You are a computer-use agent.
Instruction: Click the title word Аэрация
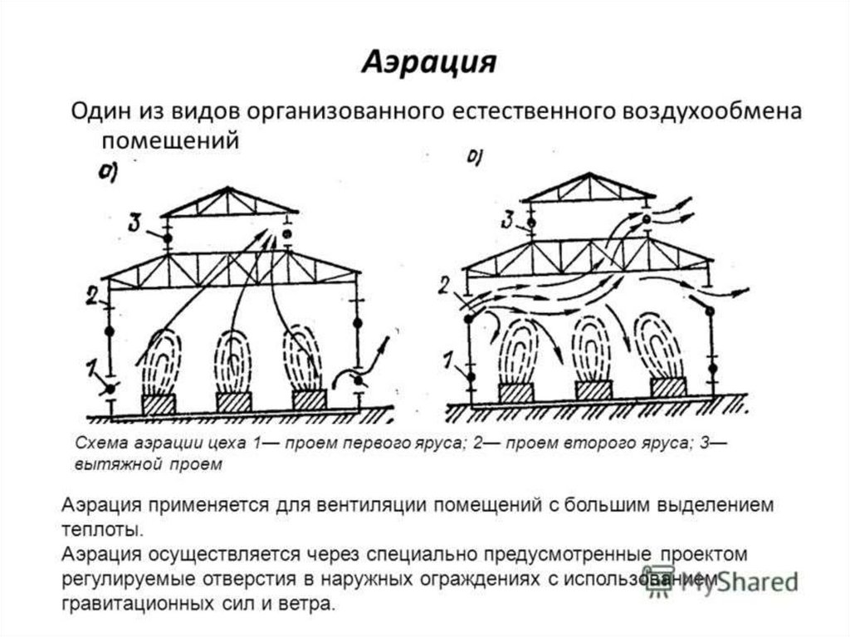(x=428, y=62)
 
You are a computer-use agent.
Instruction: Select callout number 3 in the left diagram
(x=135, y=222)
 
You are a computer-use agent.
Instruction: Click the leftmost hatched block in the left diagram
(x=159, y=404)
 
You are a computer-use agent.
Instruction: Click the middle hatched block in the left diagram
(x=233, y=402)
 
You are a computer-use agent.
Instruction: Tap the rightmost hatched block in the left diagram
(x=309, y=399)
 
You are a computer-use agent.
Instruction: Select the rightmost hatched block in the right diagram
(x=668, y=387)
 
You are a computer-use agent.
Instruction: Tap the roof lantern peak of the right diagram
(x=589, y=175)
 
